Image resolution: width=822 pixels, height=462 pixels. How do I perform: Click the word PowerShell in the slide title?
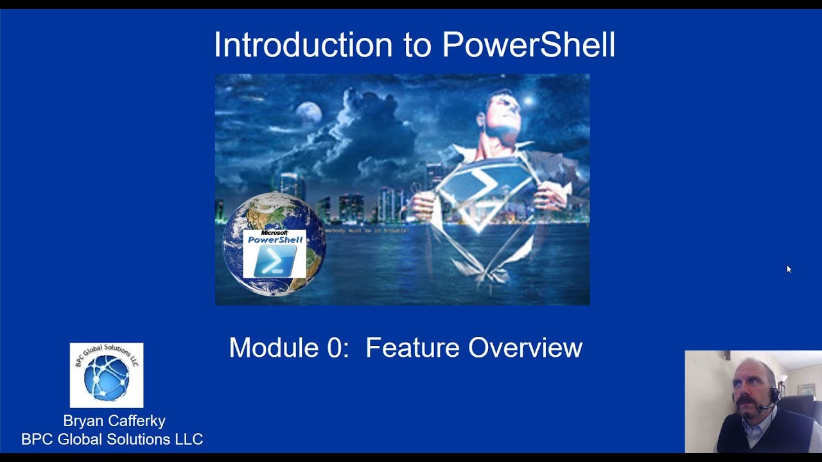(x=529, y=46)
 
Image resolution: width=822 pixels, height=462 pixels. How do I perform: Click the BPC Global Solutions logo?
(x=107, y=375)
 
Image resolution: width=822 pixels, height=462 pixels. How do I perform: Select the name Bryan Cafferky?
(x=114, y=421)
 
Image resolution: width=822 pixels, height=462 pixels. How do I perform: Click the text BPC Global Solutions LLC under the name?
(x=112, y=440)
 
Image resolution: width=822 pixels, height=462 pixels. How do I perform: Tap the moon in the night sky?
(x=309, y=113)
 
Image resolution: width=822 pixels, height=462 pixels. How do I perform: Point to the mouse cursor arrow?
(x=789, y=269)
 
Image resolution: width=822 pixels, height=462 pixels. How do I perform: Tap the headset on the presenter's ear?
(x=774, y=393)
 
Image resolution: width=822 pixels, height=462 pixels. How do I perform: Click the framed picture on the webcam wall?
(x=805, y=389)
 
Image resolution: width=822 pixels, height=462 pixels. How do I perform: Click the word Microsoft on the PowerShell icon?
(x=274, y=233)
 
